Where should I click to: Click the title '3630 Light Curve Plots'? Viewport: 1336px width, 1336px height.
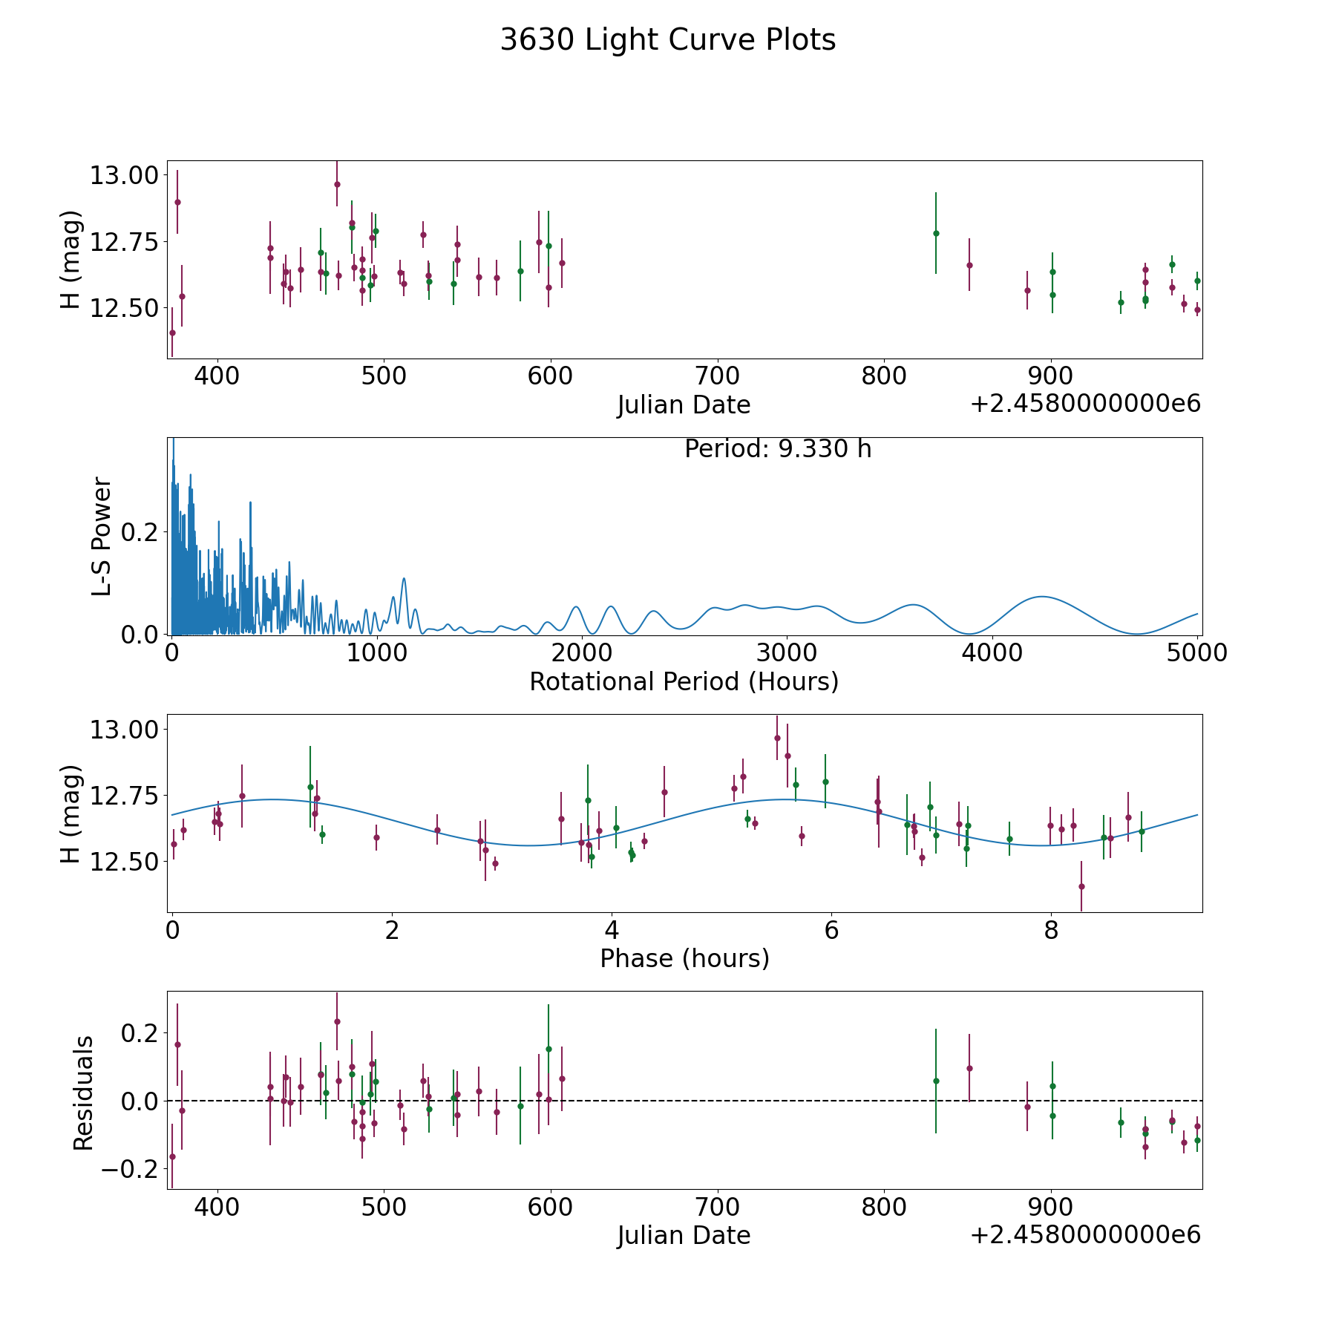(x=668, y=40)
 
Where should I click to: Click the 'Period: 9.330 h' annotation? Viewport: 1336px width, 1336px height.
(x=778, y=449)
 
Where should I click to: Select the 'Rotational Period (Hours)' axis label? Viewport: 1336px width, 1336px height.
(x=684, y=681)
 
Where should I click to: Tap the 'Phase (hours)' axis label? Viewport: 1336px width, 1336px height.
(x=684, y=958)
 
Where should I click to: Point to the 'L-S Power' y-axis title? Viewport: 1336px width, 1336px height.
(x=102, y=536)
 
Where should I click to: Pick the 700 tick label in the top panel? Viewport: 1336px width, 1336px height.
(x=718, y=376)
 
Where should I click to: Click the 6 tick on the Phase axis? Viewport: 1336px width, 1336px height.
(x=831, y=930)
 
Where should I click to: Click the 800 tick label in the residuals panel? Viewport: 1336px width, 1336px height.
(x=885, y=1207)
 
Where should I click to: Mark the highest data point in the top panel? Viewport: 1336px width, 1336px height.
(x=337, y=184)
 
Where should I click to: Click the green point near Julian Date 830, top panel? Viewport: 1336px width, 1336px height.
(x=936, y=233)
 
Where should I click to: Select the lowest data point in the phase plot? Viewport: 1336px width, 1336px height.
(x=1081, y=886)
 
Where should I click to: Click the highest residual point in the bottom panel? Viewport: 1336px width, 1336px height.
(x=337, y=1021)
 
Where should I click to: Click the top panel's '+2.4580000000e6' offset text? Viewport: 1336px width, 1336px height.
(x=1085, y=404)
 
